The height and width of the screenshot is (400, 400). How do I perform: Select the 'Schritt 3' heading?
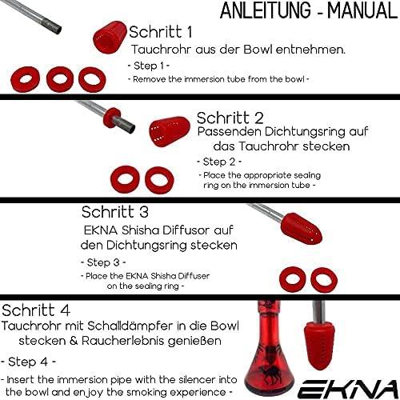115,212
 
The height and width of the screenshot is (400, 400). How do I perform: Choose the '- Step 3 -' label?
104,262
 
